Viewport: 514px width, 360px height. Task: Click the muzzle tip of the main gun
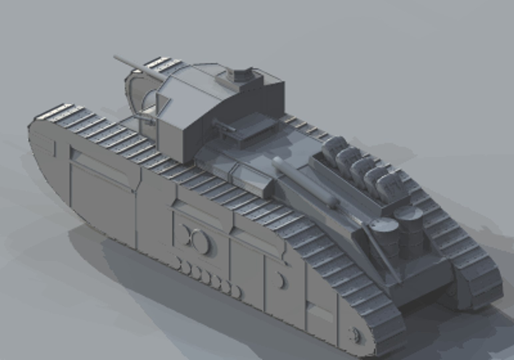coord(115,57)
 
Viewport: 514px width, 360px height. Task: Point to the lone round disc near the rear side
coord(281,280)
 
